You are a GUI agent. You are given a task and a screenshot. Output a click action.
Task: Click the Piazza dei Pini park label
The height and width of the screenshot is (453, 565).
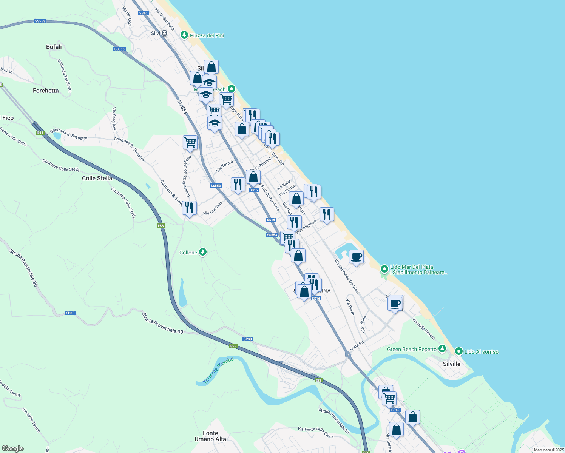point(207,35)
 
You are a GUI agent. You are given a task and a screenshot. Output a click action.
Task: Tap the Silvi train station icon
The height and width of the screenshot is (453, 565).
point(164,33)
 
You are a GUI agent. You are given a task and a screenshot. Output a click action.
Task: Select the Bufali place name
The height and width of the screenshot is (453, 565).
point(54,47)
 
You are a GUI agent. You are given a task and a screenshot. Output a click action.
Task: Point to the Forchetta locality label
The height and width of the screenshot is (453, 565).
point(46,91)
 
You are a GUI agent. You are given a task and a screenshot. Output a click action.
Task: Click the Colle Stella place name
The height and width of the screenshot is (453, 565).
point(97,178)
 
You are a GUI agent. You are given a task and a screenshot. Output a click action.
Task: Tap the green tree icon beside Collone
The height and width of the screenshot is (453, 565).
point(203,252)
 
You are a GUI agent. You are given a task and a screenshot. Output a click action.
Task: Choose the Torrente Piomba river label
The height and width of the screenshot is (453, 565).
point(218,370)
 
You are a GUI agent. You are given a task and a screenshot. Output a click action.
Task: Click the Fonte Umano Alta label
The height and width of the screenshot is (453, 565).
point(210,436)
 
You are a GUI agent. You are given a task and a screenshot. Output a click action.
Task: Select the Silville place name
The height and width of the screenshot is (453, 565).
point(452,364)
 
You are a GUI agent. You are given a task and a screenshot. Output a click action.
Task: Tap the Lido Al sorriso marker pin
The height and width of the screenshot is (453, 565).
point(459,351)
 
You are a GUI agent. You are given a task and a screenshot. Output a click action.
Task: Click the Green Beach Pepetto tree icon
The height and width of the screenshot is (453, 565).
point(442,348)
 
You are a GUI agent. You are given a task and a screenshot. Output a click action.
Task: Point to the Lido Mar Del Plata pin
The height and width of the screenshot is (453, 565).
point(384,269)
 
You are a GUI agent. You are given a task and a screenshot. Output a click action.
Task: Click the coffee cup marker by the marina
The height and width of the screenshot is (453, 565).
point(356,257)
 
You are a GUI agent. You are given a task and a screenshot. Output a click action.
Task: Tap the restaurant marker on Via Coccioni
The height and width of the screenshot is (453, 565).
point(189,208)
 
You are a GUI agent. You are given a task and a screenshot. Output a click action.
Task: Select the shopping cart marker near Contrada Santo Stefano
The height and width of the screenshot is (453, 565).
point(190,143)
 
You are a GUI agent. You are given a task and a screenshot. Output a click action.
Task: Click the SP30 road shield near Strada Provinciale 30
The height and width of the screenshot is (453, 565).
point(70,313)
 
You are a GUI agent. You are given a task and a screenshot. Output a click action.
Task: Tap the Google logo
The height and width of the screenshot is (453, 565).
point(13,448)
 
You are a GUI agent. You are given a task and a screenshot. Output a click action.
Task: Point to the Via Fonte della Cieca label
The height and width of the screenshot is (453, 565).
point(316,433)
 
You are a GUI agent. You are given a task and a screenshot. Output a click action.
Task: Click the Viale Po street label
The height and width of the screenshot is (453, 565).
point(357,346)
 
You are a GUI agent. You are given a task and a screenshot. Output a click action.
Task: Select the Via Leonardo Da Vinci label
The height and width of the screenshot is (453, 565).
point(347,276)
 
